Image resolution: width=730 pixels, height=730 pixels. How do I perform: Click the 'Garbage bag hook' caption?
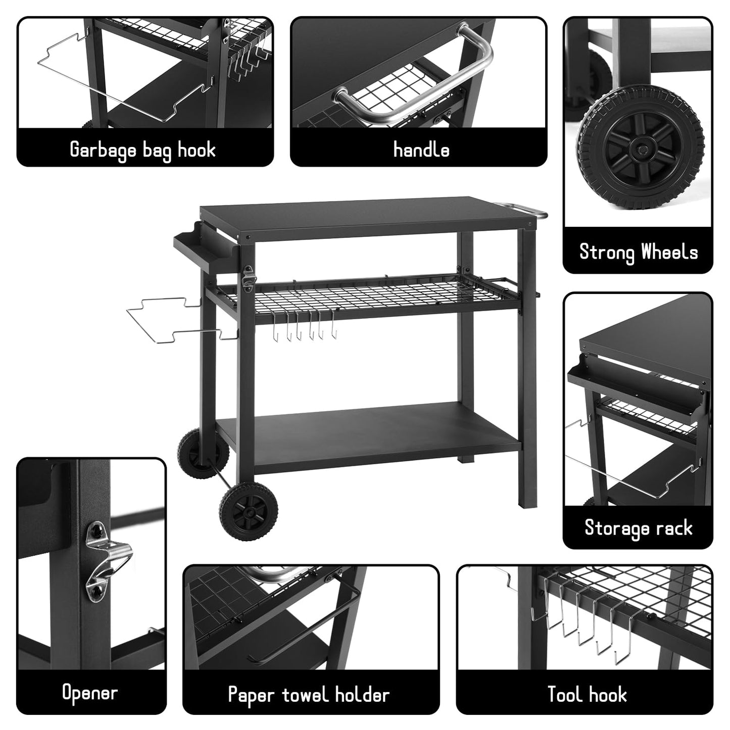[143, 150]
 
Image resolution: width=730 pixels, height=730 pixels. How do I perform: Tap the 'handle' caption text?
[421, 150]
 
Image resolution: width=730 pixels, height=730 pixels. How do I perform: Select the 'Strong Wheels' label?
[638, 252]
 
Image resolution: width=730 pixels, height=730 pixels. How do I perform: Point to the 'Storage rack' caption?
[638, 528]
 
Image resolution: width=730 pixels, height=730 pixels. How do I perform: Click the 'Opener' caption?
[90, 692]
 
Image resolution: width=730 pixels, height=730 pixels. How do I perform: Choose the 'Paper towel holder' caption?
[309, 695]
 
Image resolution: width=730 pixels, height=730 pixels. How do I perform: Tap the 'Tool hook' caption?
[587, 695]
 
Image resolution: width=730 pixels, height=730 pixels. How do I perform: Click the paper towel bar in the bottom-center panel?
[308, 626]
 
